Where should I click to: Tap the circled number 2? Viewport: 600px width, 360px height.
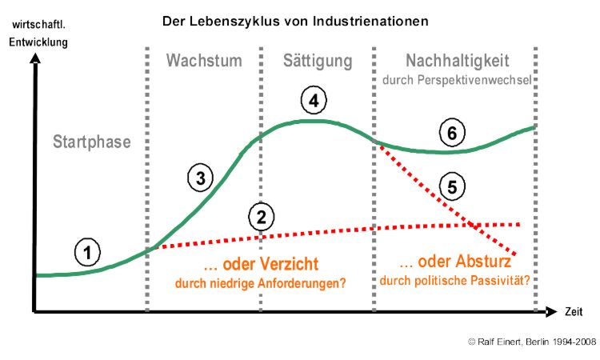(x=261, y=215)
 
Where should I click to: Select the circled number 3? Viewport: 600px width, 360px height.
(x=201, y=178)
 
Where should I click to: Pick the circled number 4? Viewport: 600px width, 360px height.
(x=314, y=101)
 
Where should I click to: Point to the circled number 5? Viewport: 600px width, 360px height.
(x=452, y=188)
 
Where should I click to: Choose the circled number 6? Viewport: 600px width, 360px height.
(x=452, y=133)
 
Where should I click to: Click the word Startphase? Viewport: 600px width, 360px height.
(x=91, y=142)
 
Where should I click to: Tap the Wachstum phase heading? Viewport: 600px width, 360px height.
(x=205, y=61)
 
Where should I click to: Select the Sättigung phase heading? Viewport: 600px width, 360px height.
(x=318, y=61)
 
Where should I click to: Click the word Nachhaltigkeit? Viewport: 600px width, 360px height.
(x=457, y=61)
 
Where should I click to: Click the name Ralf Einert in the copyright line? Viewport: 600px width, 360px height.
(x=502, y=342)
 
